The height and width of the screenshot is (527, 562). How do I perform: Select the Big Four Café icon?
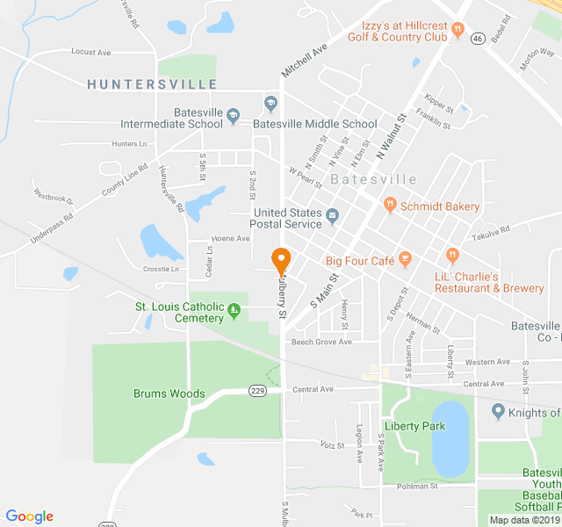(405, 259)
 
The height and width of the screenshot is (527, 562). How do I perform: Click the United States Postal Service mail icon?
(333, 215)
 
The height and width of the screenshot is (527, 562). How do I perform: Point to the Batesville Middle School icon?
(271, 105)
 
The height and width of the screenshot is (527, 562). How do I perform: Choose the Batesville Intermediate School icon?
(234, 114)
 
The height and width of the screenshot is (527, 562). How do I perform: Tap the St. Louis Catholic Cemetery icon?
(234, 309)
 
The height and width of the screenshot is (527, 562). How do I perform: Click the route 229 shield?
(257, 391)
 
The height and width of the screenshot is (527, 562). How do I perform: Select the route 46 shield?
(478, 39)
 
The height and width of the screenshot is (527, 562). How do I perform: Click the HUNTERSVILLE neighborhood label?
(152, 84)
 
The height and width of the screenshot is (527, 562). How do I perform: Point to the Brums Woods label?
(169, 393)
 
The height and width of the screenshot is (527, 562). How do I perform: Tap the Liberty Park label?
(414, 427)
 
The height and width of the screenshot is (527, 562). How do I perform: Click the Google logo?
(30, 516)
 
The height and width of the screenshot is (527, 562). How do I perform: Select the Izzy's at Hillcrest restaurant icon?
(458, 32)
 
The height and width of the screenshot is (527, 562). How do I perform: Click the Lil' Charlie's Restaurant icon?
(452, 256)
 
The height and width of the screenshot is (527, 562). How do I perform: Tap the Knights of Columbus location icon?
(498, 411)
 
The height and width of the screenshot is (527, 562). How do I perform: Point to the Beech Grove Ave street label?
(321, 342)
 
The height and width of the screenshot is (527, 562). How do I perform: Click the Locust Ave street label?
(91, 53)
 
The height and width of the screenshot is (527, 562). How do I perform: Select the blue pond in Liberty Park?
(450, 439)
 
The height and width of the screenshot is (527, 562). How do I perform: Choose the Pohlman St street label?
(417, 486)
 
